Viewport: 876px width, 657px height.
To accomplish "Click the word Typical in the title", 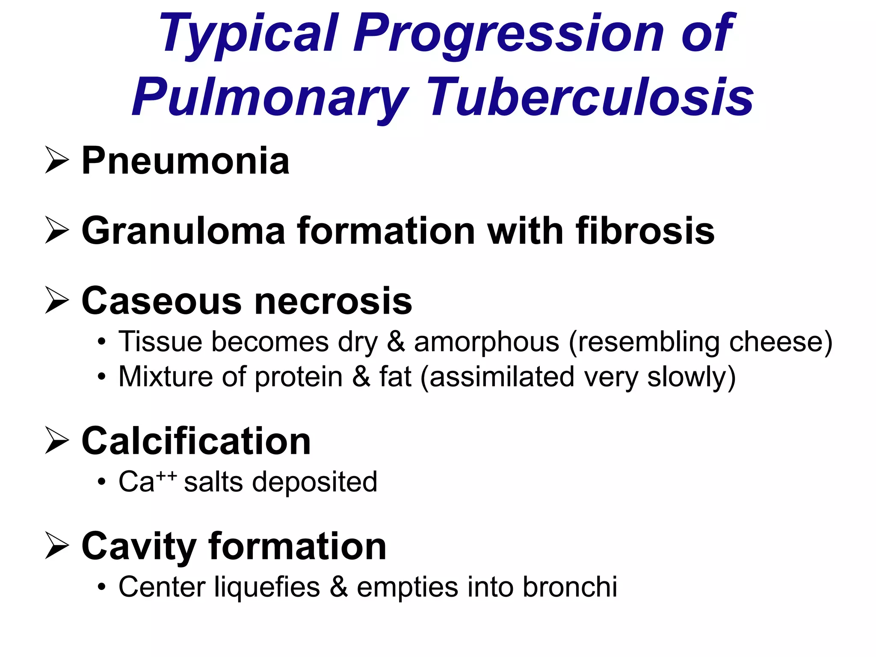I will coord(248,34).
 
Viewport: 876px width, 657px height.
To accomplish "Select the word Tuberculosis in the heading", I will coord(590,98).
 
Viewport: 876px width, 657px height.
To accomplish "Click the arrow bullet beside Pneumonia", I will coord(56,160).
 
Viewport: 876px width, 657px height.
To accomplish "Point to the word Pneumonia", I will coord(185,161).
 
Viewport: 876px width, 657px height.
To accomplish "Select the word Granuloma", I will coord(183,231).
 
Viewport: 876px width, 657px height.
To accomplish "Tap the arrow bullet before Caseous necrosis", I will coord(56,301).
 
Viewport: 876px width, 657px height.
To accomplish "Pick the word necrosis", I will coord(333,301).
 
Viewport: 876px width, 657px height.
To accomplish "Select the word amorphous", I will coord(487,342).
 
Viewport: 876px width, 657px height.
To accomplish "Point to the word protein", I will coord(299,377).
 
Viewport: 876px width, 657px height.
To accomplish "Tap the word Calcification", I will coord(196,441).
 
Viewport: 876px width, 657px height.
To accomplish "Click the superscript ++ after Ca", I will coord(166,475).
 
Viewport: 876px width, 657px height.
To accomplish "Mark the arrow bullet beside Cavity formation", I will coord(56,546).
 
